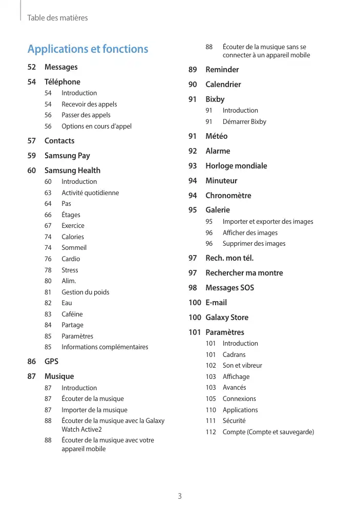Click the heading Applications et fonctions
click(88, 49)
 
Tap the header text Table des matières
click(57, 18)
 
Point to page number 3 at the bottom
click(180, 496)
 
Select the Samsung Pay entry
click(67, 156)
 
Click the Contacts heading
click(59, 141)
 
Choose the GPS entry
click(51, 362)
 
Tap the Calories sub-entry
click(73, 237)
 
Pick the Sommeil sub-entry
click(74, 248)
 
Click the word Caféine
click(72, 314)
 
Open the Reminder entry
click(222, 70)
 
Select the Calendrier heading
click(223, 84)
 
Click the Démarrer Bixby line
click(244, 122)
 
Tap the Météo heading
click(216, 136)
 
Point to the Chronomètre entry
click(228, 196)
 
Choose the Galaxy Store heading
click(226, 317)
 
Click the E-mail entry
click(216, 303)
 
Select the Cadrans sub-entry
click(234, 354)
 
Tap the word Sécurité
click(234, 421)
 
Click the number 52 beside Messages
click(32, 67)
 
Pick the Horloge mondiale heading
click(236, 166)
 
